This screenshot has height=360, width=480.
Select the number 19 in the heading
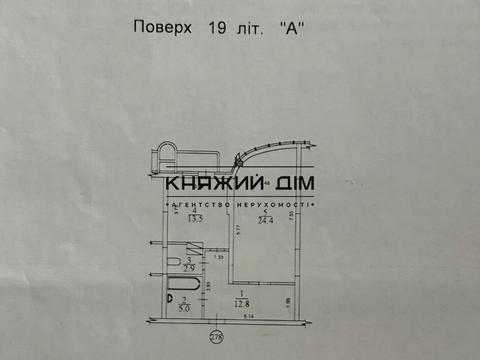[x=214, y=29]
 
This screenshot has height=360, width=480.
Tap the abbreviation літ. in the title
[x=249, y=29]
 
